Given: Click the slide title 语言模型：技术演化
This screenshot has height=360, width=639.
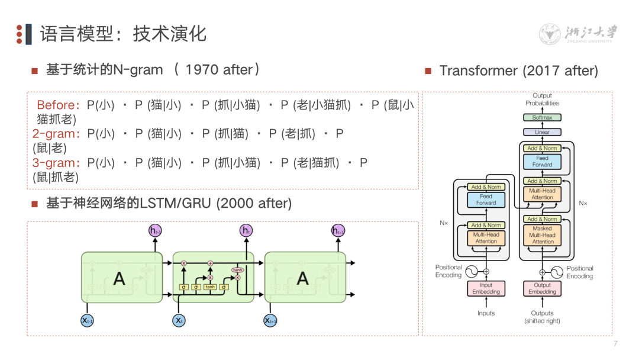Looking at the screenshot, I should click(x=123, y=33).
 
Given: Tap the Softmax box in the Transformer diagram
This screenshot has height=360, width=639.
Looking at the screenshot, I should click(x=542, y=117).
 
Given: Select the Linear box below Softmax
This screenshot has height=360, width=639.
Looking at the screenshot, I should click(x=542, y=132).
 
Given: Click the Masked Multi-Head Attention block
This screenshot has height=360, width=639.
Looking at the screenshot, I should click(x=542, y=235).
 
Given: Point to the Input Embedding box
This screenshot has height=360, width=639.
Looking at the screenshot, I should click(x=486, y=288).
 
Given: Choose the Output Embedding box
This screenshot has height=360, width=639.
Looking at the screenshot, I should click(x=542, y=288).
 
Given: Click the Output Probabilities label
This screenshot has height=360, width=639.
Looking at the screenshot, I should click(x=542, y=99).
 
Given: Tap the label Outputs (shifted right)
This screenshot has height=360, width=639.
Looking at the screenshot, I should click(x=542, y=317).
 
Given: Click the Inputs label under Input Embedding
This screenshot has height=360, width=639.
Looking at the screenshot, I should click(x=486, y=313).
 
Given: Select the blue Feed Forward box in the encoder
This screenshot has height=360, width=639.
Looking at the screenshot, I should click(x=486, y=200).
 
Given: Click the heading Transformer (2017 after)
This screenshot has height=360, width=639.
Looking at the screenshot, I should click(x=518, y=71).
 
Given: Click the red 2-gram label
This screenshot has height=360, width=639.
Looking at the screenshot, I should click(x=56, y=134).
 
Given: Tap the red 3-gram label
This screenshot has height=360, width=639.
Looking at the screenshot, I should click(x=56, y=162).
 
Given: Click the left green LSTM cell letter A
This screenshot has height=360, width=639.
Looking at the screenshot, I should click(x=119, y=278).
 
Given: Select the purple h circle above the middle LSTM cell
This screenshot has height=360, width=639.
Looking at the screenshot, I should click(x=246, y=230).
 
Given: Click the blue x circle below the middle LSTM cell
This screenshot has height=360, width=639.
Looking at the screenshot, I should click(x=178, y=320).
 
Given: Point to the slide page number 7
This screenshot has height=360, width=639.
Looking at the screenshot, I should click(x=615, y=344).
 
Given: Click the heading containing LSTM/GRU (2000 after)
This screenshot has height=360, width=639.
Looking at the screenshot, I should click(x=169, y=204).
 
